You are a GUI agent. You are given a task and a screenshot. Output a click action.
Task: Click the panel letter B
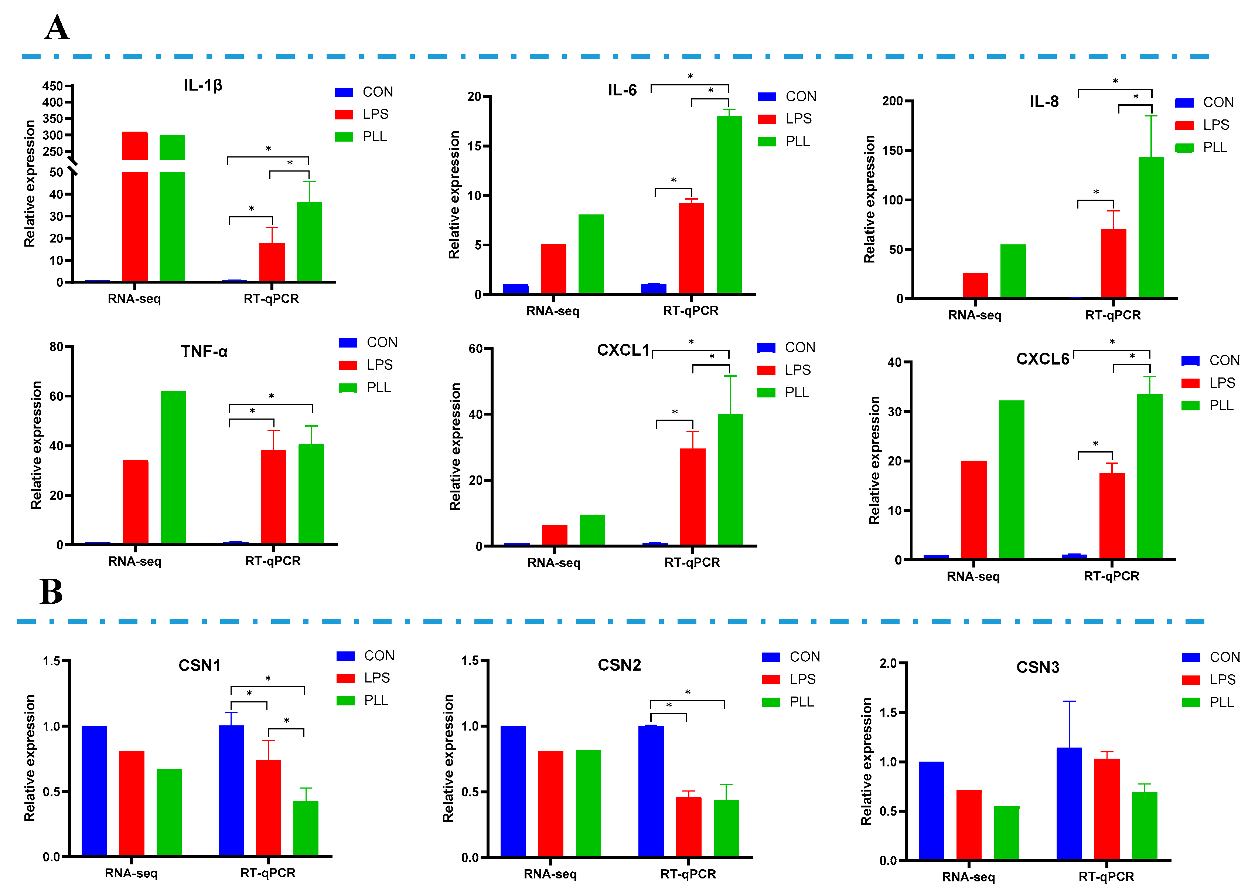coord(51,592)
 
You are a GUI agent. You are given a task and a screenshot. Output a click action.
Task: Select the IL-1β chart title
coord(203,86)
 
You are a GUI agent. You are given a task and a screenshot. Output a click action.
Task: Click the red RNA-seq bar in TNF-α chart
coord(136,502)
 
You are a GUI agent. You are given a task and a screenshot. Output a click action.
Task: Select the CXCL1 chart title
coord(623,350)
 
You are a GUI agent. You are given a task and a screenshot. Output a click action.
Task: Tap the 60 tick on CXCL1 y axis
coord(475,349)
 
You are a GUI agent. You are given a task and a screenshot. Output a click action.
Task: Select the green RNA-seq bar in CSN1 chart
coord(169,812)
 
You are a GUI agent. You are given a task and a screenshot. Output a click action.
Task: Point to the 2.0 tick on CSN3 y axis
coord(888,663)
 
